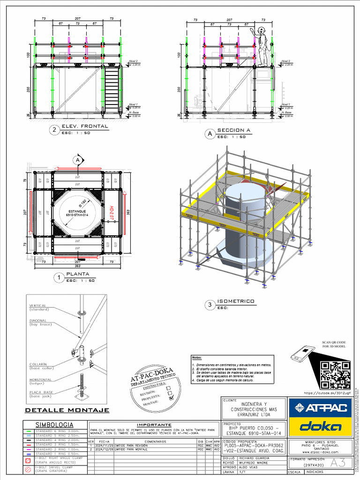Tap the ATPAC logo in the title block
point(320,408)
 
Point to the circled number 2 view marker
point(55,130)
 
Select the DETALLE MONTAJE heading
point(67,410)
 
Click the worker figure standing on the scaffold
point(262,46)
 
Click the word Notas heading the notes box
point(197,358)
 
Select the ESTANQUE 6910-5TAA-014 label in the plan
point(77,213)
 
